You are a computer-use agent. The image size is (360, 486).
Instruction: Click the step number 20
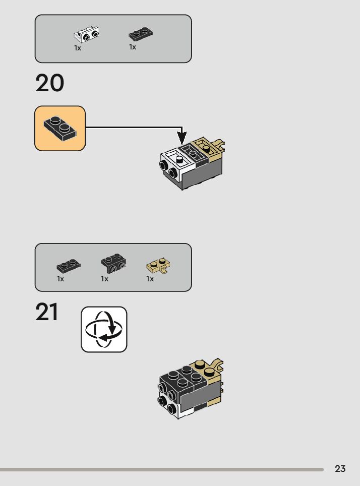(50, 83)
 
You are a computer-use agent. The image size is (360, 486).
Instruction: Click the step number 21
(47, 313)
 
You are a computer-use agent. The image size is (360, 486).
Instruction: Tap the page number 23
(340, 469)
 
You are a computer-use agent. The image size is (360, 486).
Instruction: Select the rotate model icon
(104, 329)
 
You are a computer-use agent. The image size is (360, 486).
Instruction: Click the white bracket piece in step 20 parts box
(86, 35)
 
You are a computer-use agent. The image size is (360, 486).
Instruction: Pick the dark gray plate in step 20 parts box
(141, 34)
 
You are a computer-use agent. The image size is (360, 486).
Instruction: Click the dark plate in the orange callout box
(59, 128)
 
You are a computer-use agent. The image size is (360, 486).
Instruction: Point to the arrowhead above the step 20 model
(182, 137)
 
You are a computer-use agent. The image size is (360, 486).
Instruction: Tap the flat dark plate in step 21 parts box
(68, 265)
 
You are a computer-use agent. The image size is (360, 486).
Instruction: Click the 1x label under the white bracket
(78, 48)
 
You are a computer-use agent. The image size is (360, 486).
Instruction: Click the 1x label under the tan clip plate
(150, 279)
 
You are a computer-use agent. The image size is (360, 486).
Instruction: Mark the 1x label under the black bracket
(104, 279)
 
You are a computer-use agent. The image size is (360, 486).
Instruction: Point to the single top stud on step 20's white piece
(179, 159)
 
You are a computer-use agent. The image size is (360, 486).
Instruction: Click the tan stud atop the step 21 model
(200, 364)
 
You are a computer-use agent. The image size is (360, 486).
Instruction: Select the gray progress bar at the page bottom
(161, 469)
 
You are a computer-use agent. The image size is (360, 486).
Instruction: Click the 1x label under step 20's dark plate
(133, 47)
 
